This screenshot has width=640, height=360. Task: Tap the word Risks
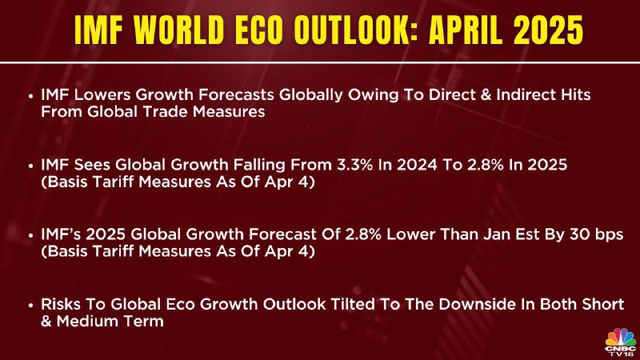point(63,304)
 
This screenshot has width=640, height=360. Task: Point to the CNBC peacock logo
point(621,342)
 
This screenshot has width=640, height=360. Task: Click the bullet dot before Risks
point(30,306)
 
